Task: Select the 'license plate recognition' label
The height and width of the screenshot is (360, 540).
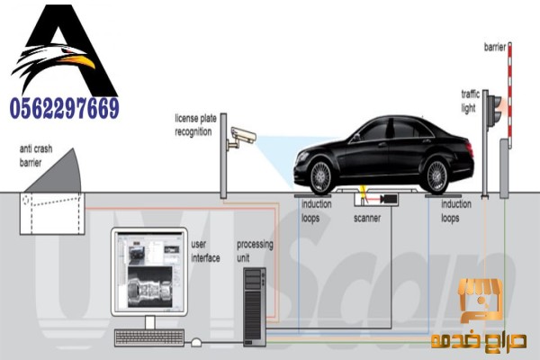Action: click(193, 125)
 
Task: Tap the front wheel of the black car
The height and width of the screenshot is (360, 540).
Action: click(320, 175)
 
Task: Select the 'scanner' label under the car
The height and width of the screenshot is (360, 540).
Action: click(366, 217)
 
